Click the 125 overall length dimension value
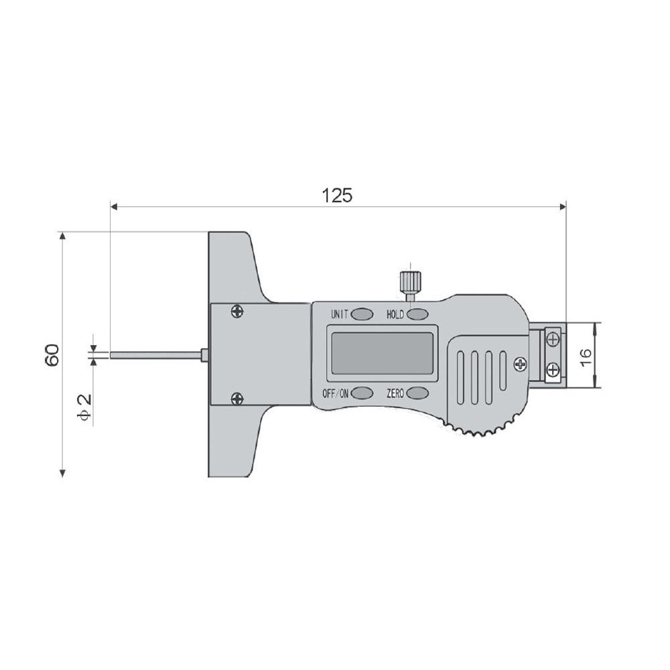337,195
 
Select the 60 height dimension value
52,354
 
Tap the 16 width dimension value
586,357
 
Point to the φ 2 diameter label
84,407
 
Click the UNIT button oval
362,314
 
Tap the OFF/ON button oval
362,393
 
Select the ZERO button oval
417,393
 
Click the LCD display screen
382,353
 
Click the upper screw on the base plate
237,311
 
